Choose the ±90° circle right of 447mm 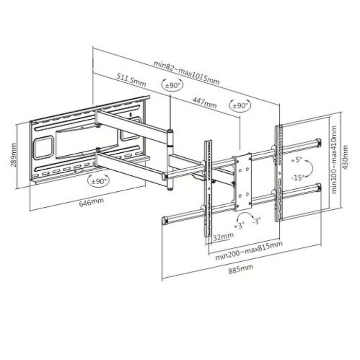tap(239, 106)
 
